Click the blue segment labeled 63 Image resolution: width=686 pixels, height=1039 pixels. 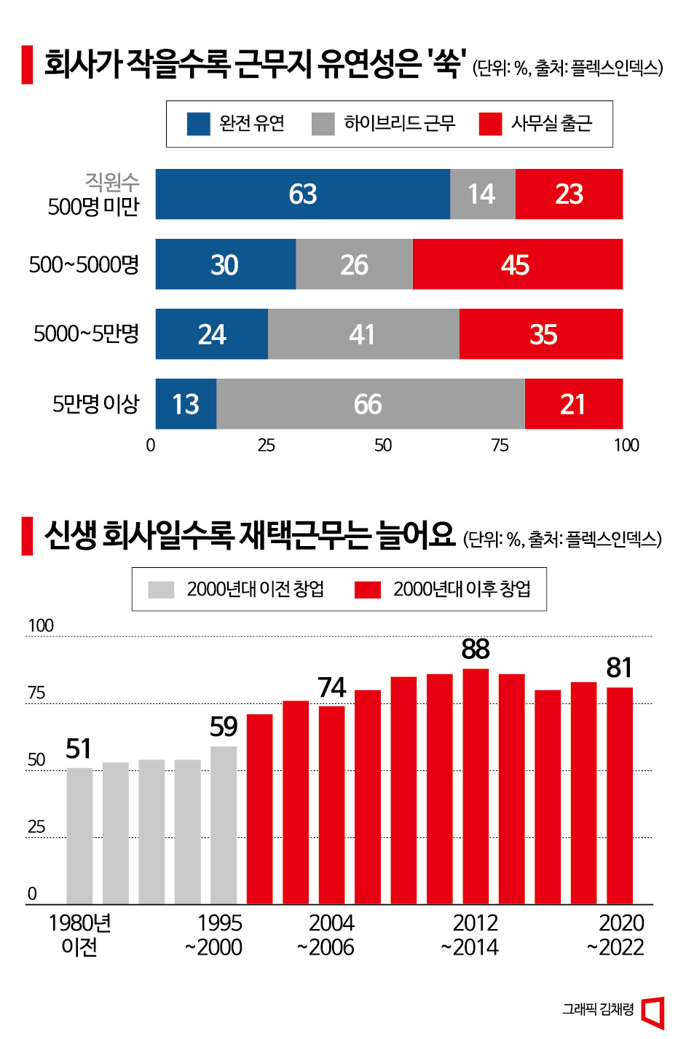[x=302, y=194]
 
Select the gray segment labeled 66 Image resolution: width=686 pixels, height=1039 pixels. [x=370, y=404]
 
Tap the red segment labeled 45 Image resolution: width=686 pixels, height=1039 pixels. [x=517, y=264]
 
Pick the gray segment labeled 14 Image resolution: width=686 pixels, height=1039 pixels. [x=482, y=194]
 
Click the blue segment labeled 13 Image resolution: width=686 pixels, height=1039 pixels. [x=186, y=404]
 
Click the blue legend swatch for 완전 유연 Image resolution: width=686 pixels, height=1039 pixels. [x=199, y=124]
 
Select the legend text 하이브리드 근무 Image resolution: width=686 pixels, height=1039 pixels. [x=399, y=124]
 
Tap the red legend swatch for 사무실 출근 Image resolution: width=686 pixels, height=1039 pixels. [x=490, y=124]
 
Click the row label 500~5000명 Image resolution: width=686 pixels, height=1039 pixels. [x=84, y=264]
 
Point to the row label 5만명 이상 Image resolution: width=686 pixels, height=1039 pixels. [x=95, y=404]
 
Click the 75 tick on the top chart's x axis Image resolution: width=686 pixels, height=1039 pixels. [x=500, y=446]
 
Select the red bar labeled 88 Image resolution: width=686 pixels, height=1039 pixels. [x=476, y=786]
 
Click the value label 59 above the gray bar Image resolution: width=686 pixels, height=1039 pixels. [x=224, y=727]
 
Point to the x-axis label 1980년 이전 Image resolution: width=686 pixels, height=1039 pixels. [x=79, y=935]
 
